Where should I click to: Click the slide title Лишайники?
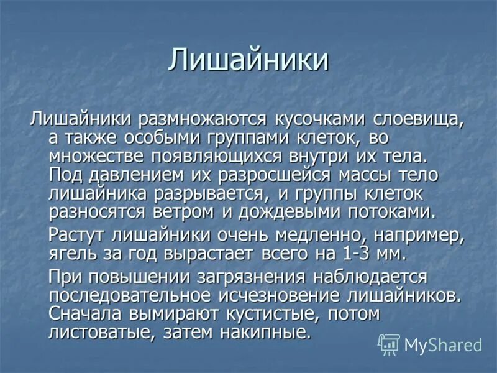[248, 60]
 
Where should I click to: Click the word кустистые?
[255, 313]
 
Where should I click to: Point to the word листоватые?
[100, 332]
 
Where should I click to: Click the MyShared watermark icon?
[388, 344]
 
